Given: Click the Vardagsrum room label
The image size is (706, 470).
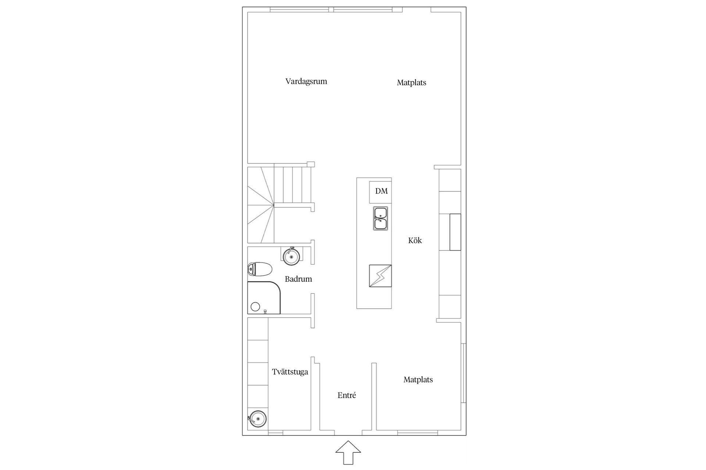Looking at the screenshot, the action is point(306,82).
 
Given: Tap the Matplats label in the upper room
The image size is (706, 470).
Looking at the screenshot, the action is point(411,83).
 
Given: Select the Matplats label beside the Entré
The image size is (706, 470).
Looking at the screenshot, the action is point(418,380).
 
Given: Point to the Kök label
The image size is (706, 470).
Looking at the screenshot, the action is point(415,241).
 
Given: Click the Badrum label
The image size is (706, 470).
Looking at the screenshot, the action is point(298,279).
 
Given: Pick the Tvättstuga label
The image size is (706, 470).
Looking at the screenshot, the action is point(290,372).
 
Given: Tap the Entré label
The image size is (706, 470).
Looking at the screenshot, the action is point(347,395).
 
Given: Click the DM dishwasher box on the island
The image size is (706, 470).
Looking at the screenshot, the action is point(381,192).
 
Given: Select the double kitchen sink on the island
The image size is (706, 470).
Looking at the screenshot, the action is point(381,218).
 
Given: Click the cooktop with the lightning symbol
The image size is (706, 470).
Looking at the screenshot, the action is point(380,276).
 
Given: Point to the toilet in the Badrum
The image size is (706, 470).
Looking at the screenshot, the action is point(260,269).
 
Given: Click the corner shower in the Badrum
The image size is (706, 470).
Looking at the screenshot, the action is point(264,298).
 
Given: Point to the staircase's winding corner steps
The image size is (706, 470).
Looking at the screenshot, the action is point(261,205).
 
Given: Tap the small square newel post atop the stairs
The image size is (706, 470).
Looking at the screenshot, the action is point(311,164).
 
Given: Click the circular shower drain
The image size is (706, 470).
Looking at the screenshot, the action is point(255,307).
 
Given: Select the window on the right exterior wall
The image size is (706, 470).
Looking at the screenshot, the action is point(464,373).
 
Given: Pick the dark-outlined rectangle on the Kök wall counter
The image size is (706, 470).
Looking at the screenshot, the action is point(455,232).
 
